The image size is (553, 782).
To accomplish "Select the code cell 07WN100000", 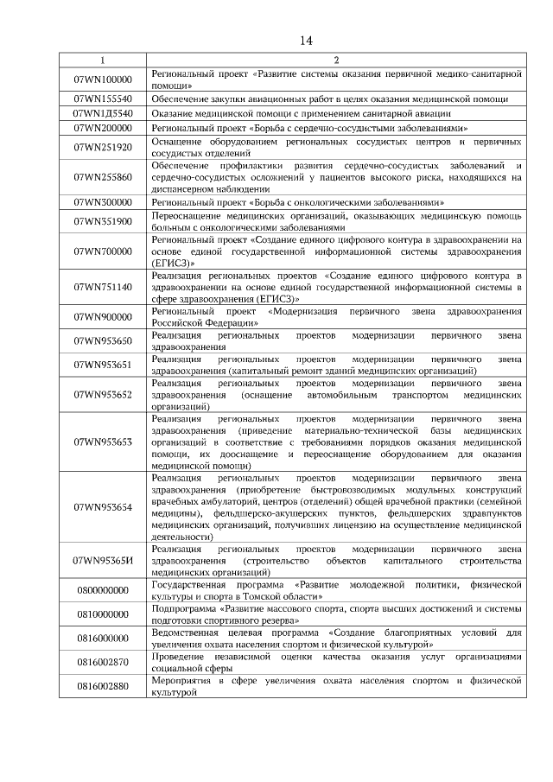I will click(x=103, y=79).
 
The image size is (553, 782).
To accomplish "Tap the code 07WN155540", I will click(x=103, y=99).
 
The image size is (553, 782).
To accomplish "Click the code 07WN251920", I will click(x=103, y=147).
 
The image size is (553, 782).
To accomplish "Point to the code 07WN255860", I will click(x=103, y=177).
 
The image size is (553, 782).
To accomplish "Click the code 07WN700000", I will click(x=103, y=251).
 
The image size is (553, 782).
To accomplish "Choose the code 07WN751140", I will click(x=103, y=286).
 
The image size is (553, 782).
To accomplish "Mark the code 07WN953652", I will click(x=103, y=394).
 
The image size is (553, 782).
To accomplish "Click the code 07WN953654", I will click(x=103, y=506).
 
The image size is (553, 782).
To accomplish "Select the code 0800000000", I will click(x=103, y=590).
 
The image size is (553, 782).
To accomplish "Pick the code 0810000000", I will click(x=103, y=614).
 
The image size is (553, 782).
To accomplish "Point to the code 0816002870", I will click(x=103, y=662).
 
